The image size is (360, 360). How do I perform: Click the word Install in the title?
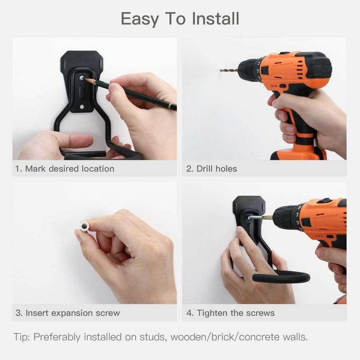215,19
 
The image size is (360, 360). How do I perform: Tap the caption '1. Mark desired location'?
65,169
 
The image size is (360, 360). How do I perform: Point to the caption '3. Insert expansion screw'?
67,313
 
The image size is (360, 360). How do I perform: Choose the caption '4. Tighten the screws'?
230,313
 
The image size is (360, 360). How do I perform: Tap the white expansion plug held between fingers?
84,226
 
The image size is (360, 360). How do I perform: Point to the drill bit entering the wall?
228,70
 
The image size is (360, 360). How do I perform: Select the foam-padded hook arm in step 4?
281,278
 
